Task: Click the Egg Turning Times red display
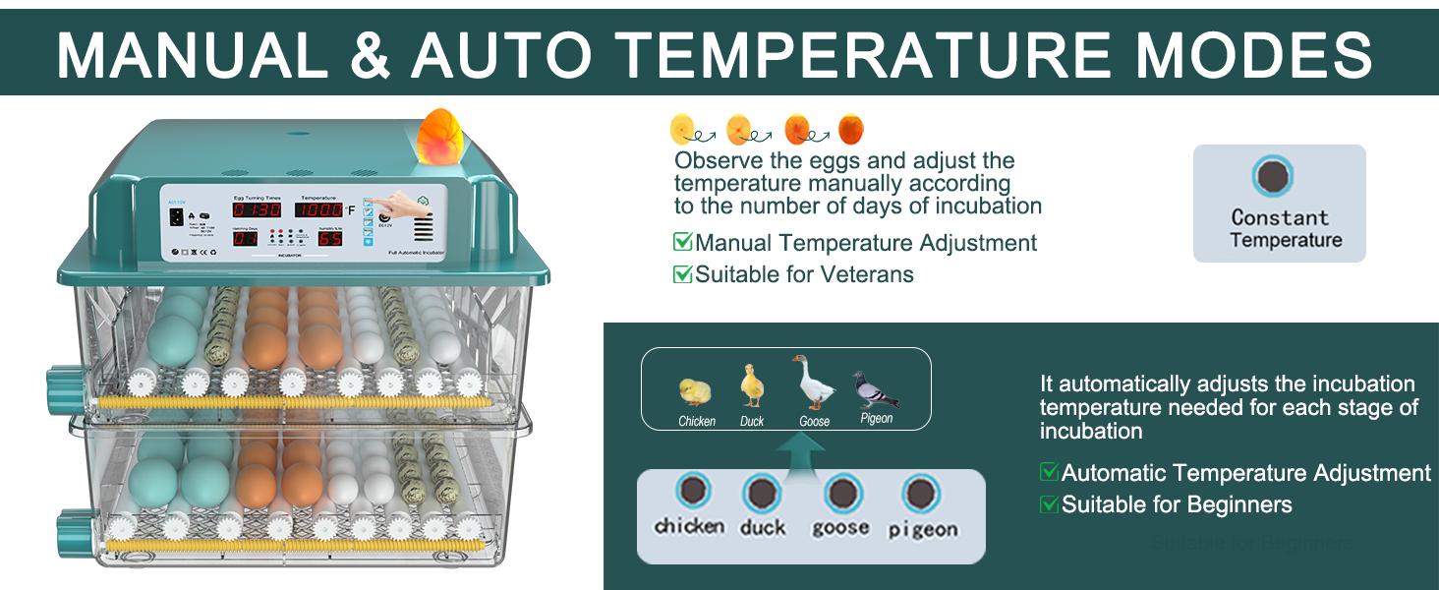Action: pos(257,209)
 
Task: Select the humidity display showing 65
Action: pos(329,238)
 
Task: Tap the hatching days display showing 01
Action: pos(245,238)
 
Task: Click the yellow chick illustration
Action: pos(695,391)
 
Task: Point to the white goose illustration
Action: pos(813,383)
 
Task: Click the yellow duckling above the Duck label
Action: pos(752,385)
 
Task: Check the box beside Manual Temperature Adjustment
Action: pos(682,242)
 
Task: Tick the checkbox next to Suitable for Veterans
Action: pos(682,274)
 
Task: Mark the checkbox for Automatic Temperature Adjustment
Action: pos(1049,473)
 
